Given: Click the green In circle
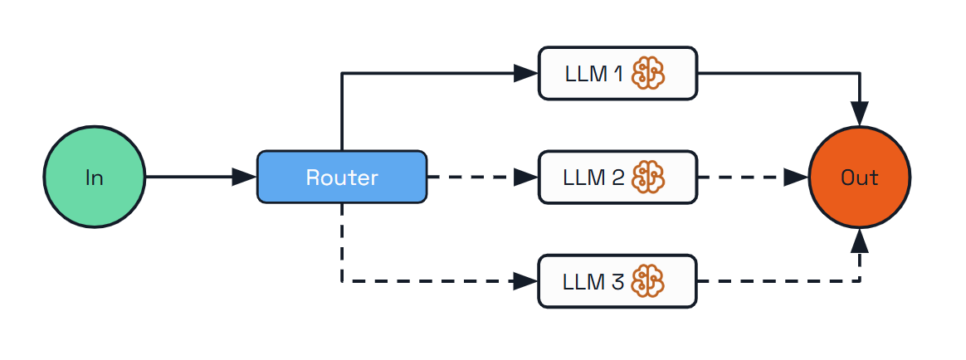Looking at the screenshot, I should click(94, 177).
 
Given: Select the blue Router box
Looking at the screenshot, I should click(342, 177).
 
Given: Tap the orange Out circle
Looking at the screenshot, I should click(859, 177).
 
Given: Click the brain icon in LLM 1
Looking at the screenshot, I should click(648, 74).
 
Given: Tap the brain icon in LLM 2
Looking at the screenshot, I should click(648, 177).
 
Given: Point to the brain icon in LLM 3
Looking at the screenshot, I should click(648, 281).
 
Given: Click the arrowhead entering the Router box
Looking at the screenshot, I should click(245, 177).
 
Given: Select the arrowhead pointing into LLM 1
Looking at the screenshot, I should click(526, 74).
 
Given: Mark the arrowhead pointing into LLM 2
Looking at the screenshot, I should click(526, 177).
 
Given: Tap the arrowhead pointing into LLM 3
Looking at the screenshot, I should click(526, 281).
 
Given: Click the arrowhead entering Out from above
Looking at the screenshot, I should click(859, 113).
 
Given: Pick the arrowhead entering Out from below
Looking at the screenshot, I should click(859, 241).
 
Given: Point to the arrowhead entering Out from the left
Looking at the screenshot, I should click(796, 177).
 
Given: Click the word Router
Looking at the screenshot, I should click(342, 178).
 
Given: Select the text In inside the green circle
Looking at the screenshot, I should click(94, 178).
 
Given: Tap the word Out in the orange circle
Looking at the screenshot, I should click(859, 178).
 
